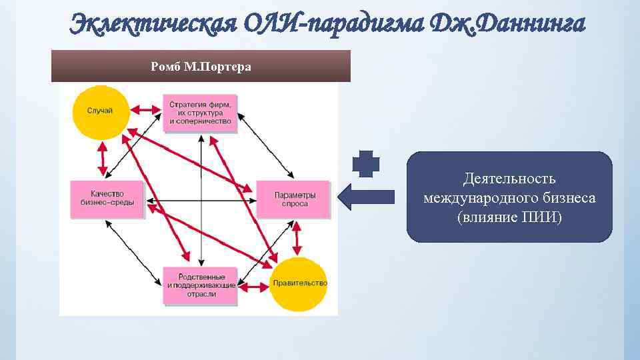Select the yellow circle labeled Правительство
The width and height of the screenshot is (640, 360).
pos(299,284)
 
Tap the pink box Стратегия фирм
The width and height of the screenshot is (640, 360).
pos(200,113)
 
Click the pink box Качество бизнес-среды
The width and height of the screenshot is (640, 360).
pos(107,199)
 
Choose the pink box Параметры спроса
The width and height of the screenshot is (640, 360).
pos(293,199)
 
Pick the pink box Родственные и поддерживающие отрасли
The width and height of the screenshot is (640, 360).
pos(200,285)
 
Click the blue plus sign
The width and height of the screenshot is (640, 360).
pos(365,164)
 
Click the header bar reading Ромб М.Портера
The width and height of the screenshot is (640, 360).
pos(201,66)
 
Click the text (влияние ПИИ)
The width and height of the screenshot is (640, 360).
pos(509,217)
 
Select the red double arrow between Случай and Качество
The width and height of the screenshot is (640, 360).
pos(103,159)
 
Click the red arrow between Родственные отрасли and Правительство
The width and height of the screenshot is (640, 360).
pos(254,287)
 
